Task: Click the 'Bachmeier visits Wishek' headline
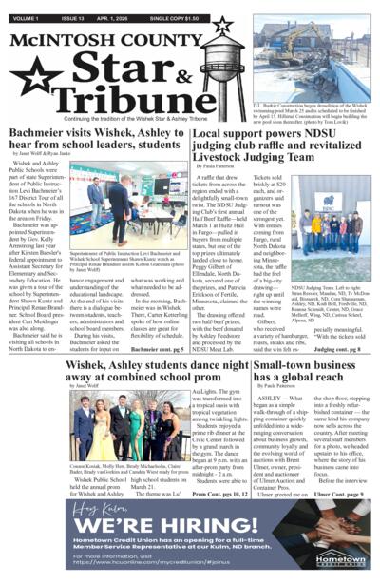(98, 137)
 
